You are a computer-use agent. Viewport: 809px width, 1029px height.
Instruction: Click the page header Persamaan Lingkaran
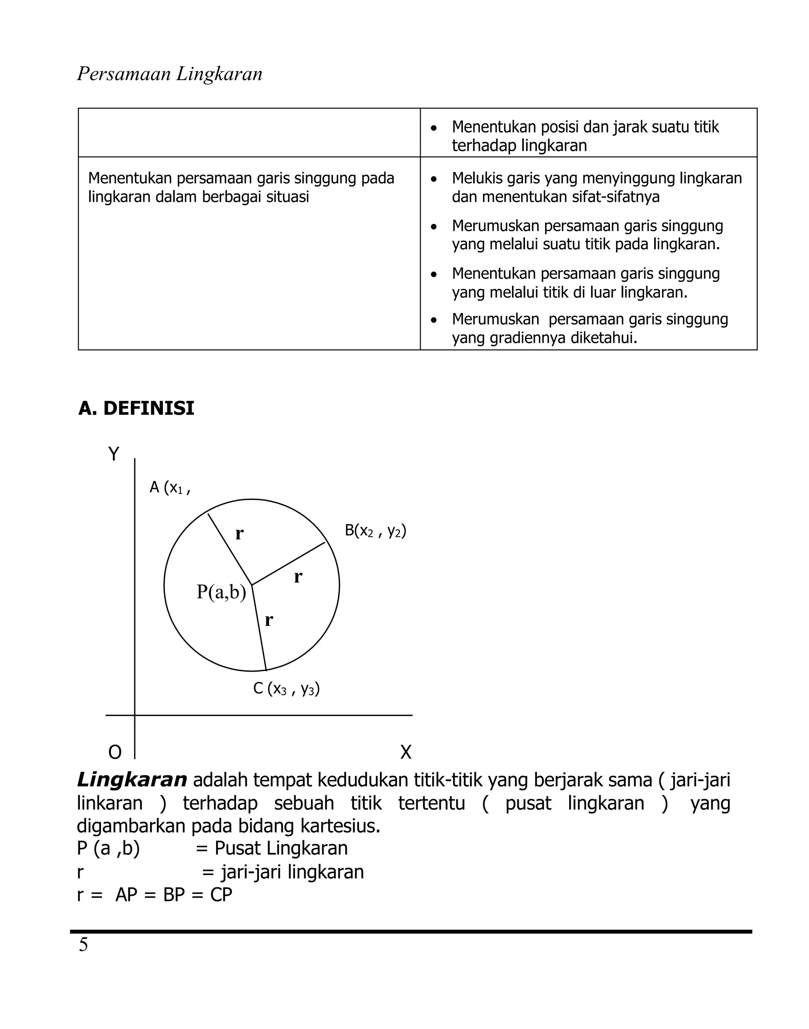169,74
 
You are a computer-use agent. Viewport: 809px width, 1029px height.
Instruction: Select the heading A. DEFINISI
136,408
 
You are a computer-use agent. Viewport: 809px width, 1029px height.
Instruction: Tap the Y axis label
114,454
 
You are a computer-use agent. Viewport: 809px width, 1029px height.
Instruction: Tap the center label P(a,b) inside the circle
221,592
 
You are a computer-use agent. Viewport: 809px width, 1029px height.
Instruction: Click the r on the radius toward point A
239,534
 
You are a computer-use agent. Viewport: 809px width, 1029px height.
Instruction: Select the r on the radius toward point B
297,577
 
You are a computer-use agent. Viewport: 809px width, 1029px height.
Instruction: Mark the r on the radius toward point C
269,620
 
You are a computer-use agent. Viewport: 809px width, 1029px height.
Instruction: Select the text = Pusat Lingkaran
271,848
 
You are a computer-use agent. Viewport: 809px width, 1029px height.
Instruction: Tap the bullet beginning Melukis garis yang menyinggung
596,188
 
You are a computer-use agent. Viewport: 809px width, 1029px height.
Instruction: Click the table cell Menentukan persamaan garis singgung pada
241,188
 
